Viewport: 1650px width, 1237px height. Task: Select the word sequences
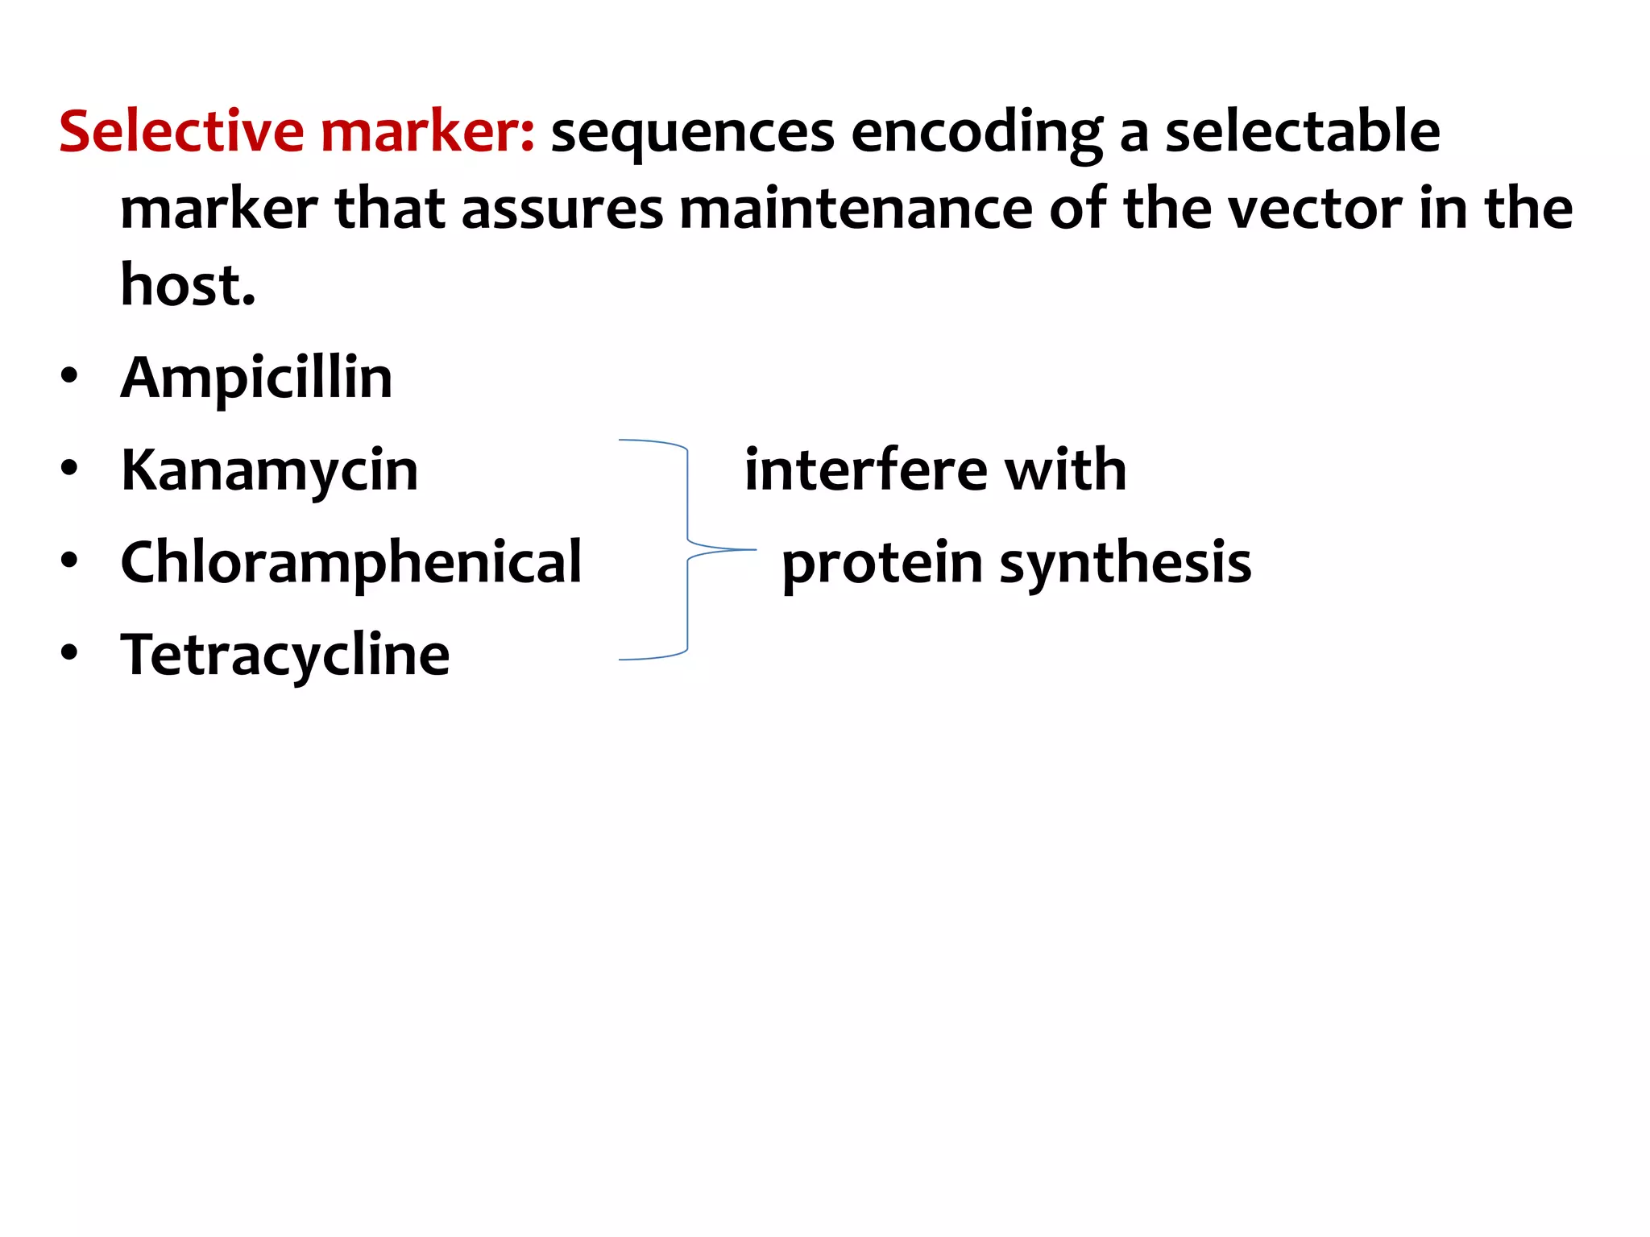[x=692, y=133]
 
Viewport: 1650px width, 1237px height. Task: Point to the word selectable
[x=1302, y=131]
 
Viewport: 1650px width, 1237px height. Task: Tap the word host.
[x=188, y=285]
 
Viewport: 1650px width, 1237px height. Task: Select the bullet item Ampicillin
[x=256, y=378]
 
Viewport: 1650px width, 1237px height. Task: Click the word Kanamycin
[x=269, y=470]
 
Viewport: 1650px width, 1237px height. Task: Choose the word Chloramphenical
[x=350, y=562]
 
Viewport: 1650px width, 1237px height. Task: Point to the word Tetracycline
[x=285, y=654]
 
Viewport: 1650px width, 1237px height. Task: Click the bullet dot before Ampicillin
[x=69, y=376]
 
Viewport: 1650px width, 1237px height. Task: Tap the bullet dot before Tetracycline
[x=69, y=653]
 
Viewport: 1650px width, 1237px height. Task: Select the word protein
[x=881, y=563]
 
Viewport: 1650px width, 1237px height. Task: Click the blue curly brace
[x=687, y=550]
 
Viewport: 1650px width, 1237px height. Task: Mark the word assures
[x=562, y=209]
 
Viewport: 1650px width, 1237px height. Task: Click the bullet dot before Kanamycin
[x=69, y=469]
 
